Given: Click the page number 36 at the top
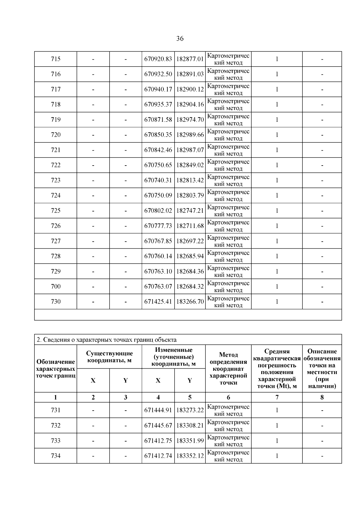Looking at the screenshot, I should tap(180, 39).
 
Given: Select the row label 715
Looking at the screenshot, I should tap(56, 59).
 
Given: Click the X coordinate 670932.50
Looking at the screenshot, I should tap(158, 74).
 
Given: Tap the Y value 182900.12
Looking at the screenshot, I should tap(190, 89).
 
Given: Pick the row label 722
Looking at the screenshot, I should tap(56, 165).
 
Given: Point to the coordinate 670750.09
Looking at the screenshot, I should tap(158, 196).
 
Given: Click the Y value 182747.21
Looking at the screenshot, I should tap(190, 211).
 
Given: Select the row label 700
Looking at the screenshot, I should tap(56, 286).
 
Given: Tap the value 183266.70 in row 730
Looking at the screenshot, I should tap(190, 302).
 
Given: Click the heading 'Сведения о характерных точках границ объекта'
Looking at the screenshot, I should tap(106, 340).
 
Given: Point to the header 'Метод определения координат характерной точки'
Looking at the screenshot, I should tap(228, 369).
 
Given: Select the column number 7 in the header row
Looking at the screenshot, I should tap(277, 397).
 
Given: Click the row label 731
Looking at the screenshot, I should tap(56, 410).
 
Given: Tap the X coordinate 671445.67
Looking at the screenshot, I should tap(158, 426).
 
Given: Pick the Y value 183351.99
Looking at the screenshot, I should tap(190, 441).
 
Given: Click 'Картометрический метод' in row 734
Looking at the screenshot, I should tap(228, 456).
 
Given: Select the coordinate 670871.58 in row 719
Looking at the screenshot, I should tap(158, 120).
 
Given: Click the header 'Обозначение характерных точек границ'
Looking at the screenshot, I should tap(55, 369).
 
